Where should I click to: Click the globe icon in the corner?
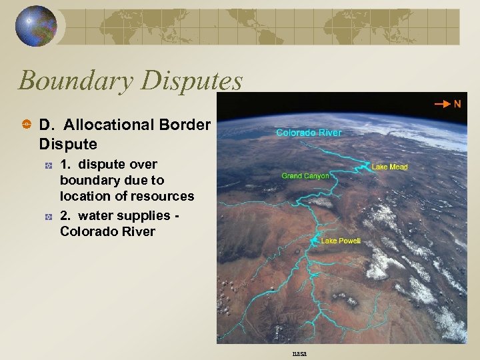pyautogui.click(x=36, y=26)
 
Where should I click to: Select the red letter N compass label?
pyautogui.click(x=457, y=104)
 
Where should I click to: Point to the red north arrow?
pyautogui.click(x=441, y=105)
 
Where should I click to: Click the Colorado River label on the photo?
pyautogui.click(x=309, y=133)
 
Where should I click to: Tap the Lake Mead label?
pyautogui.click(x=389, y=167)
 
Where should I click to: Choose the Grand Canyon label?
pyautogui.click(x=305, y=176)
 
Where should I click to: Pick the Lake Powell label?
pyautogui.click(x=340, y=241)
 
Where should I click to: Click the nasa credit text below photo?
pyautogui.click(x=298, y=354)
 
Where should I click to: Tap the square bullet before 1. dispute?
pyautogui.click(x=48, y=165)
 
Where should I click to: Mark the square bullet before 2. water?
pyautogui.click(x=48, y=216)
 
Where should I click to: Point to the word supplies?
pyautogui.click(x=138, y=216)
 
